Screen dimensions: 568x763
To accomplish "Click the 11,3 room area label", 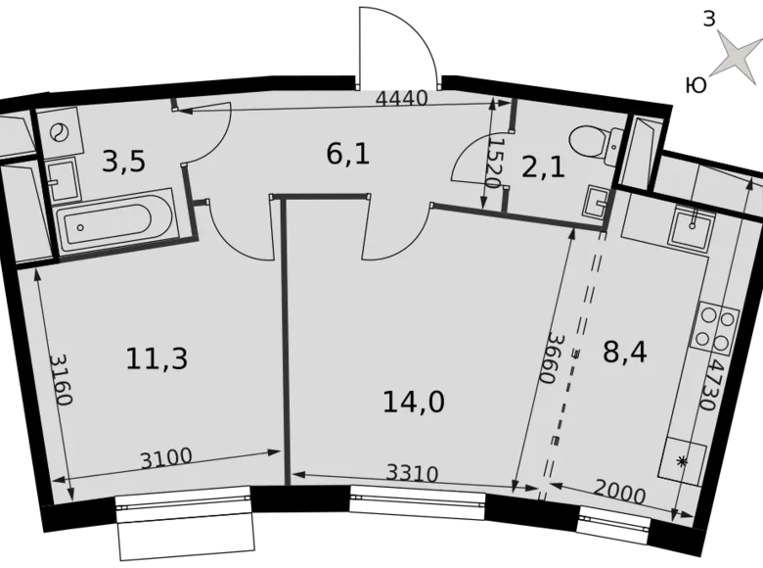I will [157, 358].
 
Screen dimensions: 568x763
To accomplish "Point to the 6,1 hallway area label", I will [347, 153].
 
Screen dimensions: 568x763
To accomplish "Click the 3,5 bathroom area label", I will [123, 160].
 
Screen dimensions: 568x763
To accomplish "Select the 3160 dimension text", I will [61, 384].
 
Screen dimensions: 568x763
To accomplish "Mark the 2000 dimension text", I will [618, 493].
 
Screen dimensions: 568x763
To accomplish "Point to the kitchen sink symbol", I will [692, 231].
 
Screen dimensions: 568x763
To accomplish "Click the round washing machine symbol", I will [59, 129].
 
